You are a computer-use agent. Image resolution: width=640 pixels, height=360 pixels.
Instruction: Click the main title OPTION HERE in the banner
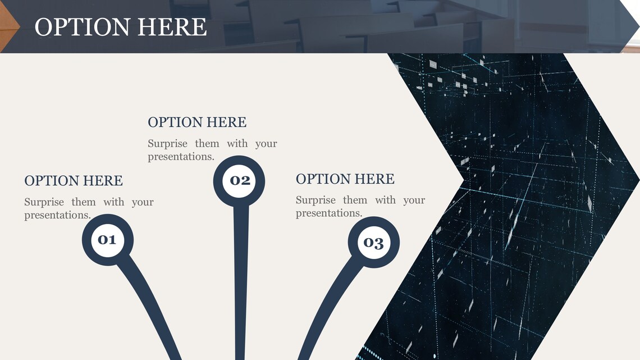[x=121, y=27]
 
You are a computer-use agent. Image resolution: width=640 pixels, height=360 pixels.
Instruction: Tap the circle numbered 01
[x=107, y=240]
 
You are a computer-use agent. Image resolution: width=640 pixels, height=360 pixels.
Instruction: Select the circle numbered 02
[x=239, y=180]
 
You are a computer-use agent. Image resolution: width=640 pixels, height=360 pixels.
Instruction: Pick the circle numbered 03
[x=373, y=243]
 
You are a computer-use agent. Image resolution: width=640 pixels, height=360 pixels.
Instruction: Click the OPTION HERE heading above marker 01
[x=74, y=181]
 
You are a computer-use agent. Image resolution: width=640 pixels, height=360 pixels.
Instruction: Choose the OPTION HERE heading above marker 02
[x=197, y=122]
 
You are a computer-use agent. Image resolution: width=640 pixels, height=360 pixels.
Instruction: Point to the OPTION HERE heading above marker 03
[x=345, y=179]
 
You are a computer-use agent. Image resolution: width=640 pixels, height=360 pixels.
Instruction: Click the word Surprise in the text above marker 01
[x=44, y=202]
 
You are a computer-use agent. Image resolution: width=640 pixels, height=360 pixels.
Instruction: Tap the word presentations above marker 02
[x=181, y=157]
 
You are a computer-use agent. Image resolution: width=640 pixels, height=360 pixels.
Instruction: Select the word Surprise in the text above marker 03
[x=316, y=200]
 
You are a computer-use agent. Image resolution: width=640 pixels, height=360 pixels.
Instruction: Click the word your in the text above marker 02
[x=266, y=144]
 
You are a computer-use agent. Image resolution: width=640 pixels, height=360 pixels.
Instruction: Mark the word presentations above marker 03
[x=328, y=213]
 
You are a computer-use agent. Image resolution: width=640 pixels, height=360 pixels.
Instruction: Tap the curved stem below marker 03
[x=326, y=303]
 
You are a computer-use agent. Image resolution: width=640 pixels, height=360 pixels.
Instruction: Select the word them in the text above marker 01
[x=84, y=202]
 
